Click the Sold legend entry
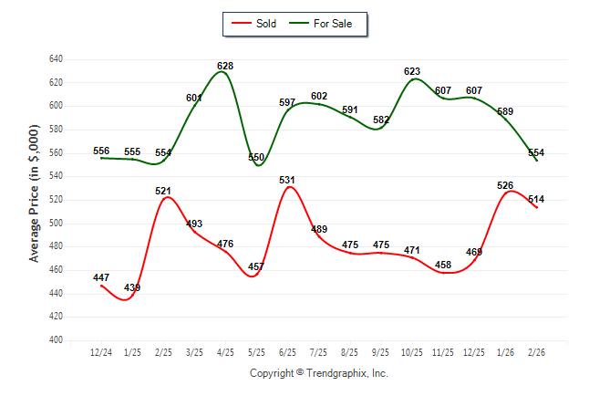click(x=267, y=23)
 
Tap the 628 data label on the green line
click(x=225, y=66)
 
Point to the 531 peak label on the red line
click(x=287, y=180)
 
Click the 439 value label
click(x=132, y=287)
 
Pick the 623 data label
click(x=411, y=71)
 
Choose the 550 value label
click(x=256, y=157)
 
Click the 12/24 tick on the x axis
click(x=101, y=351)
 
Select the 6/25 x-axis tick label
click(x=287, y=351)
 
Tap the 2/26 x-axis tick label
click(x=535, y=351)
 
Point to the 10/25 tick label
click(x=411, y=351)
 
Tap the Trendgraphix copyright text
click(x=318, y=373)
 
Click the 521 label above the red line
click(x=163, y=191)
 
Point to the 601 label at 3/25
click(x=194, y=98)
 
